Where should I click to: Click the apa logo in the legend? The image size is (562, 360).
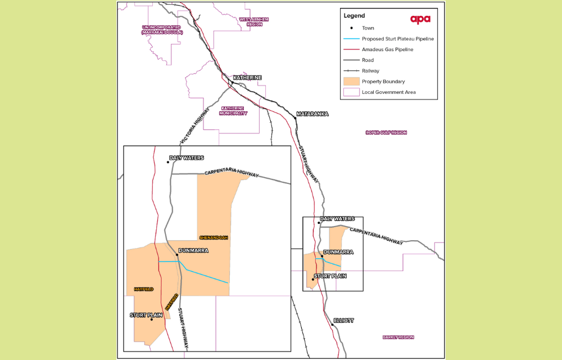tap(420, 19)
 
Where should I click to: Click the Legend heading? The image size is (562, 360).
tap(355, 16)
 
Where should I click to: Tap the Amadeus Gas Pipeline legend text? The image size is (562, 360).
tap(387, 49)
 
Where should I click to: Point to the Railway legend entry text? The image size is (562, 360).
tap(370, 71)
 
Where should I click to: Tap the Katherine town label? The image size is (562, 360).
tap(247, 78)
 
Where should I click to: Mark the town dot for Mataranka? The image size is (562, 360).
tap(296, 118)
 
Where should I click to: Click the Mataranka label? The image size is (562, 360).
tap(312, 114)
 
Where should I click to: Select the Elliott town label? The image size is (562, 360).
tap(343, 320)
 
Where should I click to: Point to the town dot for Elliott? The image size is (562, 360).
tap(332, 325)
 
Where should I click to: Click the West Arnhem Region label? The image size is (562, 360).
tap(254, 22)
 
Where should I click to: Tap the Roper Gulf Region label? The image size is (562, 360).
tap(386, 133)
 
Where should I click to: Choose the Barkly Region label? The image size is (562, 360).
tap(398, 337)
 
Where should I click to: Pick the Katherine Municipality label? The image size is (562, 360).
tap(234, 111)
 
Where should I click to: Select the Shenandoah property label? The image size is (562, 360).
tap(213, 237)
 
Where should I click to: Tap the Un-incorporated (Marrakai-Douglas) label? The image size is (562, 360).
tap(162, 30)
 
